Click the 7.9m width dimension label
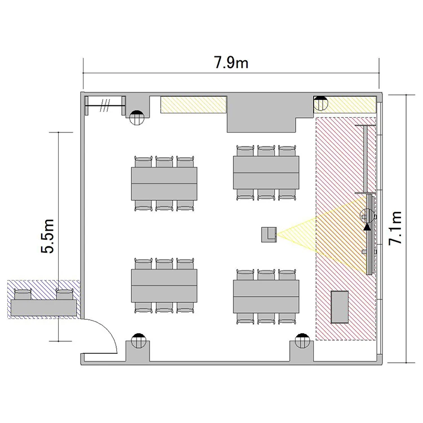[231, 62]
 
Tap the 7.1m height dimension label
[395, 228]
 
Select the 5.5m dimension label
[47, 236]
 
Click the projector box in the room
[269, 235]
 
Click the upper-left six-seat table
[164, 184]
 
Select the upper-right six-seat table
[266, 173]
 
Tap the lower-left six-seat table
[164, 285]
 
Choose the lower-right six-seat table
[266, 297]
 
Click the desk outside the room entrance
[43, 308]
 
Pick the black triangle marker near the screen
[367, 227]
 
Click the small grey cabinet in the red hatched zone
[340, 307]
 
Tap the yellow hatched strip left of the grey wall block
[193, 104]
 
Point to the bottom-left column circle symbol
[138, 341]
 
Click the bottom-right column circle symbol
[302, 341]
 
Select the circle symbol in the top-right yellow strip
[320, 104]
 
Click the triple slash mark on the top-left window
[105, 105]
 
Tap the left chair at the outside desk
[23, 294]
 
